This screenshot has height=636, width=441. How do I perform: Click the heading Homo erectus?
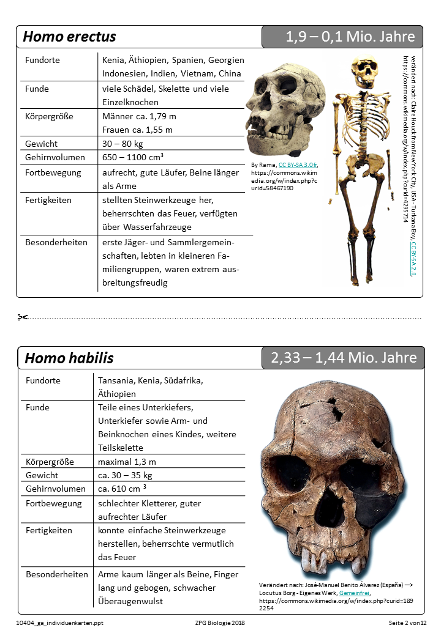click(69, 37)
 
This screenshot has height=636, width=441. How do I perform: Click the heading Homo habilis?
click(69, 358)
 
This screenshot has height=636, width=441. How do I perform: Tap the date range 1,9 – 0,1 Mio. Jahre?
click(350, 37)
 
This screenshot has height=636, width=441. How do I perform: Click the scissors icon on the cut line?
click(23, 317)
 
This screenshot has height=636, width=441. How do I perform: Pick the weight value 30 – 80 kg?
click(123, 144)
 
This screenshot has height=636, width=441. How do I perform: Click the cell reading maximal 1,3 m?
click(127, 461)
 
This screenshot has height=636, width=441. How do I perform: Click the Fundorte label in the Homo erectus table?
click(43, 60)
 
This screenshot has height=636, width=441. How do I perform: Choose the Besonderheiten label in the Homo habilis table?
click(57, 574)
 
